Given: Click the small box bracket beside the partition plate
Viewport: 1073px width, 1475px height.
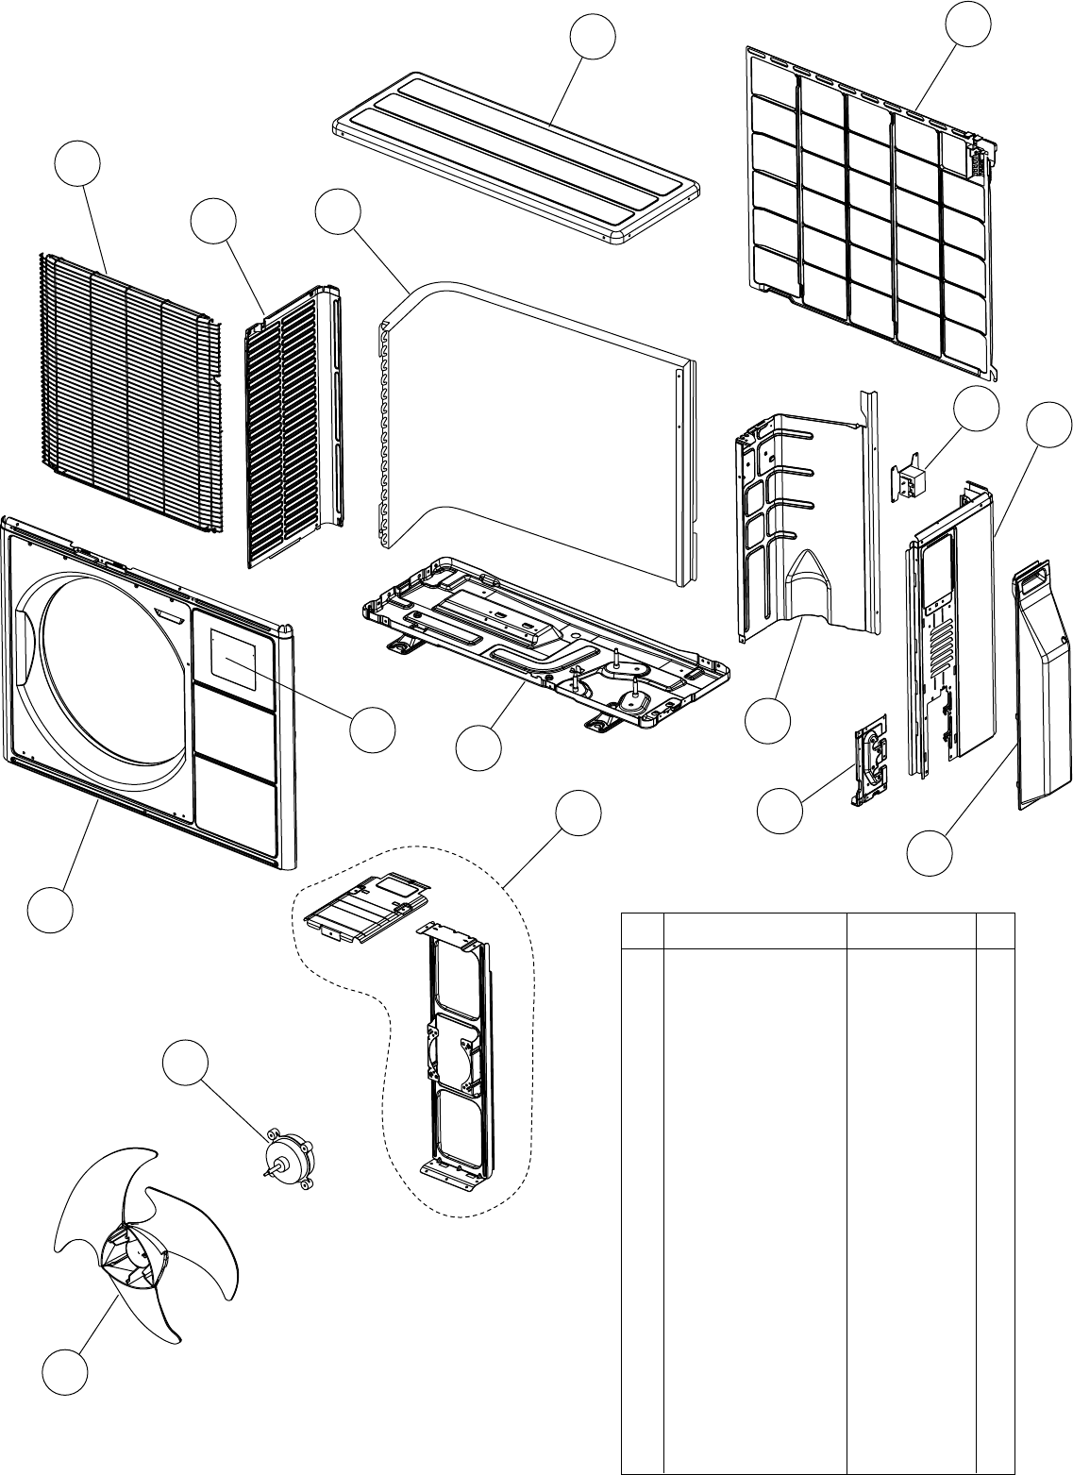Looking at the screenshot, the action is click(x=910, y=481).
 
